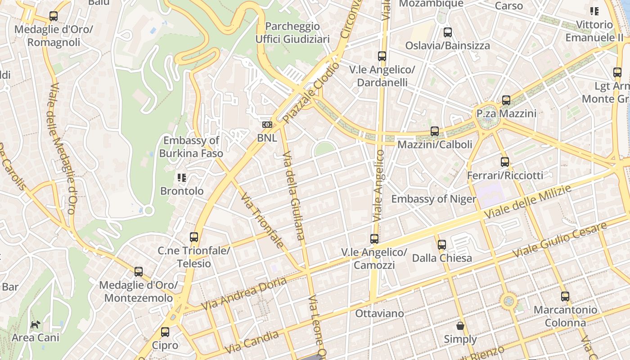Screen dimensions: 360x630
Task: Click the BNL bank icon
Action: point(267,125)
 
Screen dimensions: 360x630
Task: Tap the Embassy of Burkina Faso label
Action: point(191,147)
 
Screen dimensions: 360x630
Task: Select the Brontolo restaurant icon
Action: point(182,178)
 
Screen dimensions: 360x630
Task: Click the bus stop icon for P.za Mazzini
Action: point(506,100)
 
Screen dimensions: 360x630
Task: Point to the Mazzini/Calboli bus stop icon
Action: point(434,131)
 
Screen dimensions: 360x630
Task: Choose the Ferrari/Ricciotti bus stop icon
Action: point(505,162)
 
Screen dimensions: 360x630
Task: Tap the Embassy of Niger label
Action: point(433,199)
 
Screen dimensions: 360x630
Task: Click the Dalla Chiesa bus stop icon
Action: point(442,245)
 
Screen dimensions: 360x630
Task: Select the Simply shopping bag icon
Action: point(460,326)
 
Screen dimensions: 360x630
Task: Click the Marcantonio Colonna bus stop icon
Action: point(565,297)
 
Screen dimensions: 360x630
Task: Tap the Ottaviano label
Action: point(379,313)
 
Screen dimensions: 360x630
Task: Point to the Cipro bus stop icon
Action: point(165,333)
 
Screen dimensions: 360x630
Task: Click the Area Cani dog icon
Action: point(35,324)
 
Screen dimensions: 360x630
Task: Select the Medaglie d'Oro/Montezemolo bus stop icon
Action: point(139,272)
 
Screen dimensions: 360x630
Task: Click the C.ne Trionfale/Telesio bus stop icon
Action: point(194,237)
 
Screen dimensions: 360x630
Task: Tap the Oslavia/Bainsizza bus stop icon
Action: point(447,32)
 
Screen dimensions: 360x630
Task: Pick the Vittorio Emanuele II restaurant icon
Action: point(594,11)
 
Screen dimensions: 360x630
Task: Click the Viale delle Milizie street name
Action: point(527,202)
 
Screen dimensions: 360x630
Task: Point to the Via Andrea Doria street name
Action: point(244,293)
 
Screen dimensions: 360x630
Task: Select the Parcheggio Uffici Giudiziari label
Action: point(292,32)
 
